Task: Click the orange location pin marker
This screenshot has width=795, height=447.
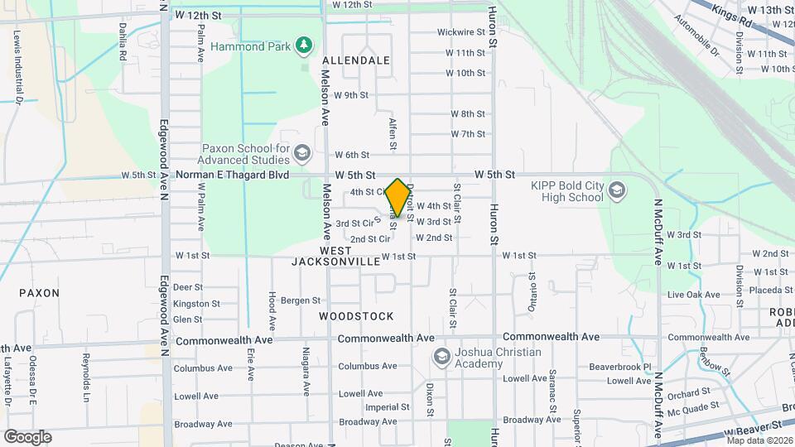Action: (397, 197)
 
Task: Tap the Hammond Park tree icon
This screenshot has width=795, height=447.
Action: (305, 45)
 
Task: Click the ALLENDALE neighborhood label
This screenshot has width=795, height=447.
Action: (355, 60)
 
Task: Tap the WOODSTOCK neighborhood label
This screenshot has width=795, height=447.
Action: (356, 316)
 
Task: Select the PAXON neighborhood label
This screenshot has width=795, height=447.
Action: (39, 293)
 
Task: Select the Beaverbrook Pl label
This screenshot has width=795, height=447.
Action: (624, 366)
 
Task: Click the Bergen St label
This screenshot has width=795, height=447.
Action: (300, 300)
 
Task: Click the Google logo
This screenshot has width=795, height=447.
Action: (27, 436)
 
